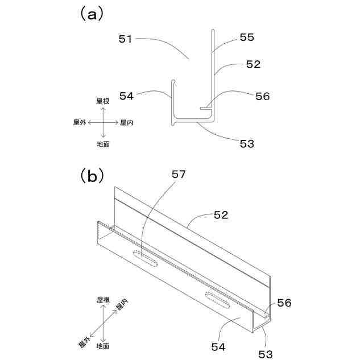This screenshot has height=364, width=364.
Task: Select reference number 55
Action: pos(246,38)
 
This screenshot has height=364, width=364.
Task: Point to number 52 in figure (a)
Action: pos(253,65)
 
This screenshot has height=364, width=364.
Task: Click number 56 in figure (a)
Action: pos(262,96)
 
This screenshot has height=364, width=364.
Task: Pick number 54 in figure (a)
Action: pos(127,96)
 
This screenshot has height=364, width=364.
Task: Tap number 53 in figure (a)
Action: pos(247,143)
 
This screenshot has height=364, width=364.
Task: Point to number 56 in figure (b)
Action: pos(284,303)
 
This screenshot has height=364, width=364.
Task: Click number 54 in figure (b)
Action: pos(218,346)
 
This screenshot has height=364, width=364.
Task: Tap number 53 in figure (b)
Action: pos(265,354)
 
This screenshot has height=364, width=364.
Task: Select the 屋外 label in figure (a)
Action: pos(80,122)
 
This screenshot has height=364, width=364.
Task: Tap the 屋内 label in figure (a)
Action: pos(127,122)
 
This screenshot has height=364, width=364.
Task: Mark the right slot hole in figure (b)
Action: pos(216,299)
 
